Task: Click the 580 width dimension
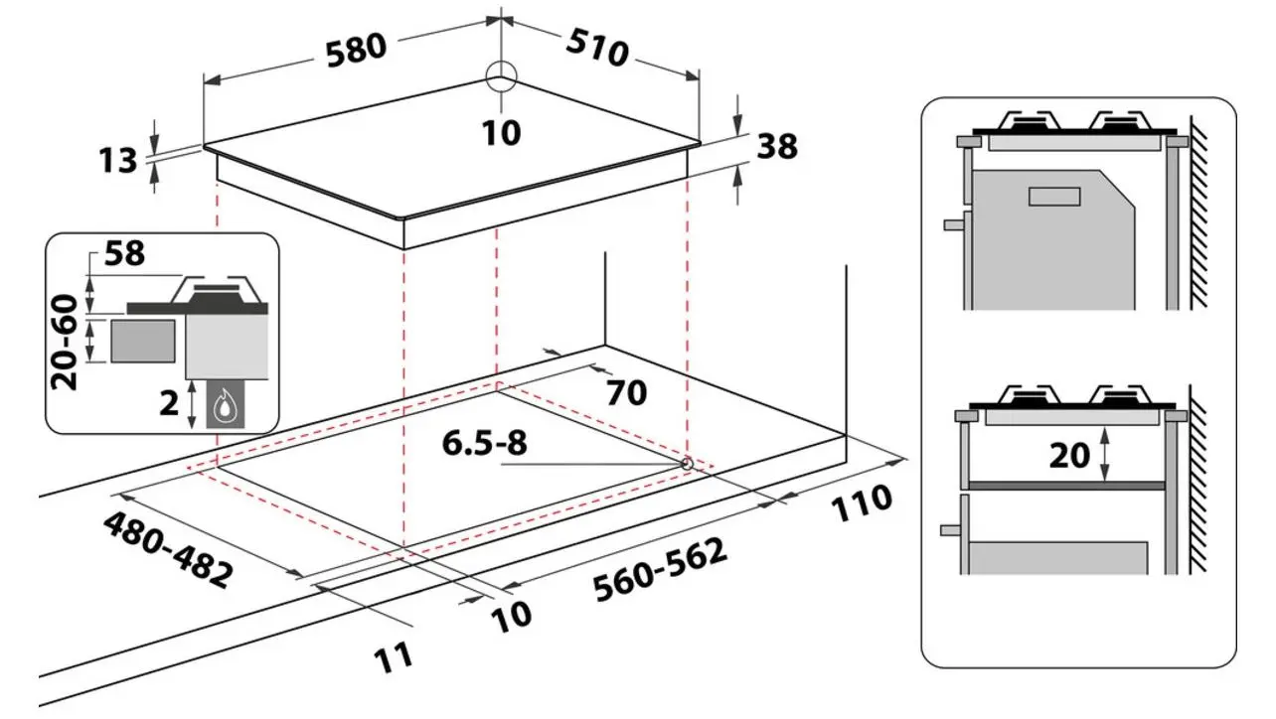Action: click(x=356, y=50)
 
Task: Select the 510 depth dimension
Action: click(x=597, y=48)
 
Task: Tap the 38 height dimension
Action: click(x=777, y=146)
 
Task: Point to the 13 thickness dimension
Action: click(x=118, y=160)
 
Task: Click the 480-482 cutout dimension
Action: click(x=168, y=550)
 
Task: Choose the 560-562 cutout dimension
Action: click(x=660, y=569)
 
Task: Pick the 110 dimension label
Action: click(x=862, y=503)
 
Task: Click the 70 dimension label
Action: click(x=627, y=393)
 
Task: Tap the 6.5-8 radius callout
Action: click(x=485, y=443)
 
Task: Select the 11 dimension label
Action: click(x=394, y=656)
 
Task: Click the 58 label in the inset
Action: click(x=125, y=253)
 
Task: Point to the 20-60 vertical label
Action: click(x=64, y=343)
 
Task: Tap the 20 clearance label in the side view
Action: click(x=1069, y=456)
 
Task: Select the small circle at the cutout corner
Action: click(x=687, y=464)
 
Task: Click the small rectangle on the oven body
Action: click(x=1054, y=197)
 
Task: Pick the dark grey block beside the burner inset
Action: click(x=143, y=341)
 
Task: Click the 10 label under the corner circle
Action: click(x=501, y=133)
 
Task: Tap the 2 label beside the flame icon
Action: click(x=169, y=403)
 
